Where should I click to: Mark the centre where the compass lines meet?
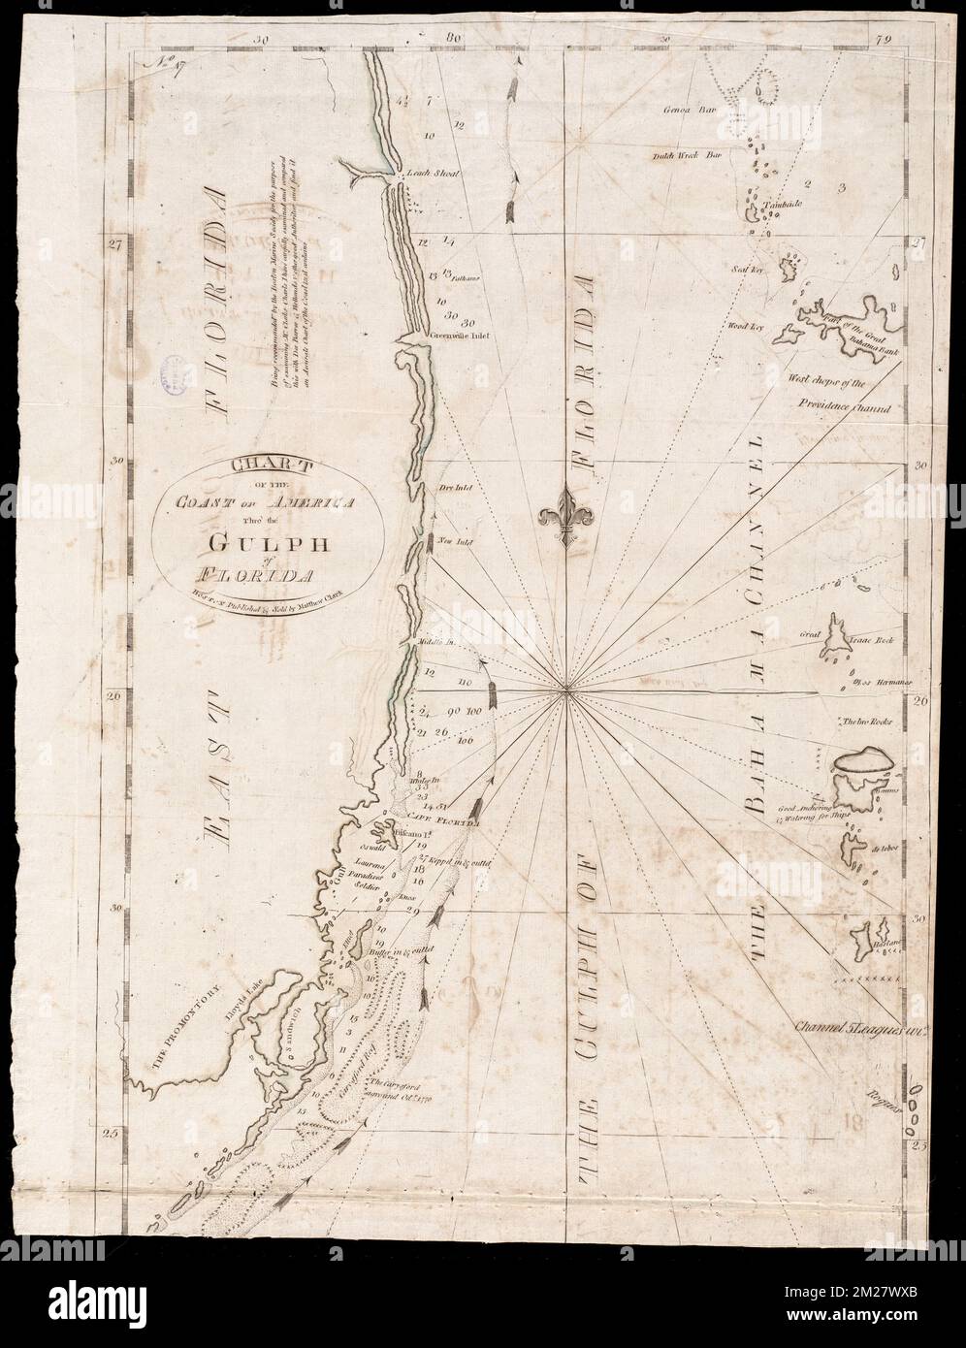click(x=564, y=691)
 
